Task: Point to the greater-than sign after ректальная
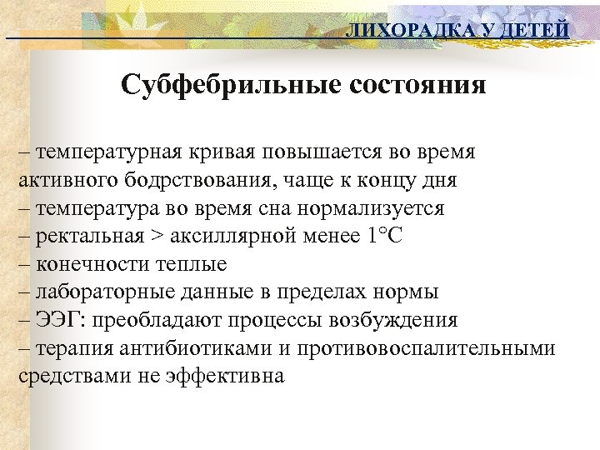[x=157, y=237]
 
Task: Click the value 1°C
[x=383, y=237]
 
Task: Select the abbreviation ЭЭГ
[x=57, y=320]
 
